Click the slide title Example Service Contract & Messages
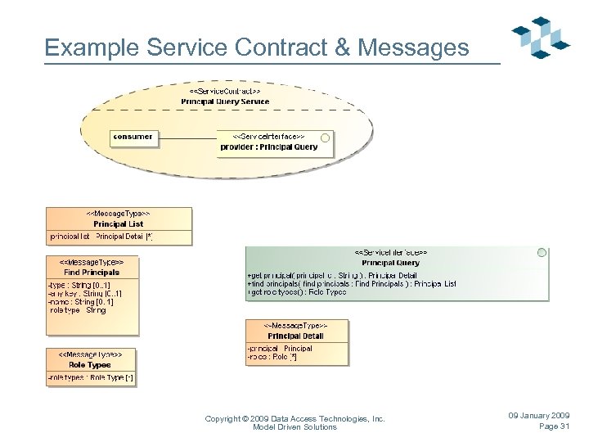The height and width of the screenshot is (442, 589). click(257, 47)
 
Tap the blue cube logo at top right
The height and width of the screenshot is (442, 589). click(540, 37)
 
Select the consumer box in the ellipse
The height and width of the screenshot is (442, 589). click(133, 137)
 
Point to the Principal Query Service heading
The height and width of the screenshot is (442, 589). click(225, 101)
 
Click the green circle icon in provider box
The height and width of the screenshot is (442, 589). click(325, 138)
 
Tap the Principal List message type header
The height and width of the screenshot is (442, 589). click(119, 223)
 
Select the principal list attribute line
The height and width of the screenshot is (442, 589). click(101, 237)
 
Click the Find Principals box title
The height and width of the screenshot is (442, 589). click(92, 272)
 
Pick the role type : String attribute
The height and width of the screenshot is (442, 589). click(78, 311)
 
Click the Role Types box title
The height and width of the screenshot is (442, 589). click(90, 364)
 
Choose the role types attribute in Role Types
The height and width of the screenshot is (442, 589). click(91, 377)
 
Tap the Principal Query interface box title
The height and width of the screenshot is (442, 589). click(390, 263)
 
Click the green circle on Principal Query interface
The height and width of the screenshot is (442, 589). click(542, 253)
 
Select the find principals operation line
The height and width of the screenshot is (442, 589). click(352, 284)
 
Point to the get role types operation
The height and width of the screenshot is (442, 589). click(297, 292)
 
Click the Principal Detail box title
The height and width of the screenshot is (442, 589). click(296, 336)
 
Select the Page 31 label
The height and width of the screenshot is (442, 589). click(554, 426)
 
